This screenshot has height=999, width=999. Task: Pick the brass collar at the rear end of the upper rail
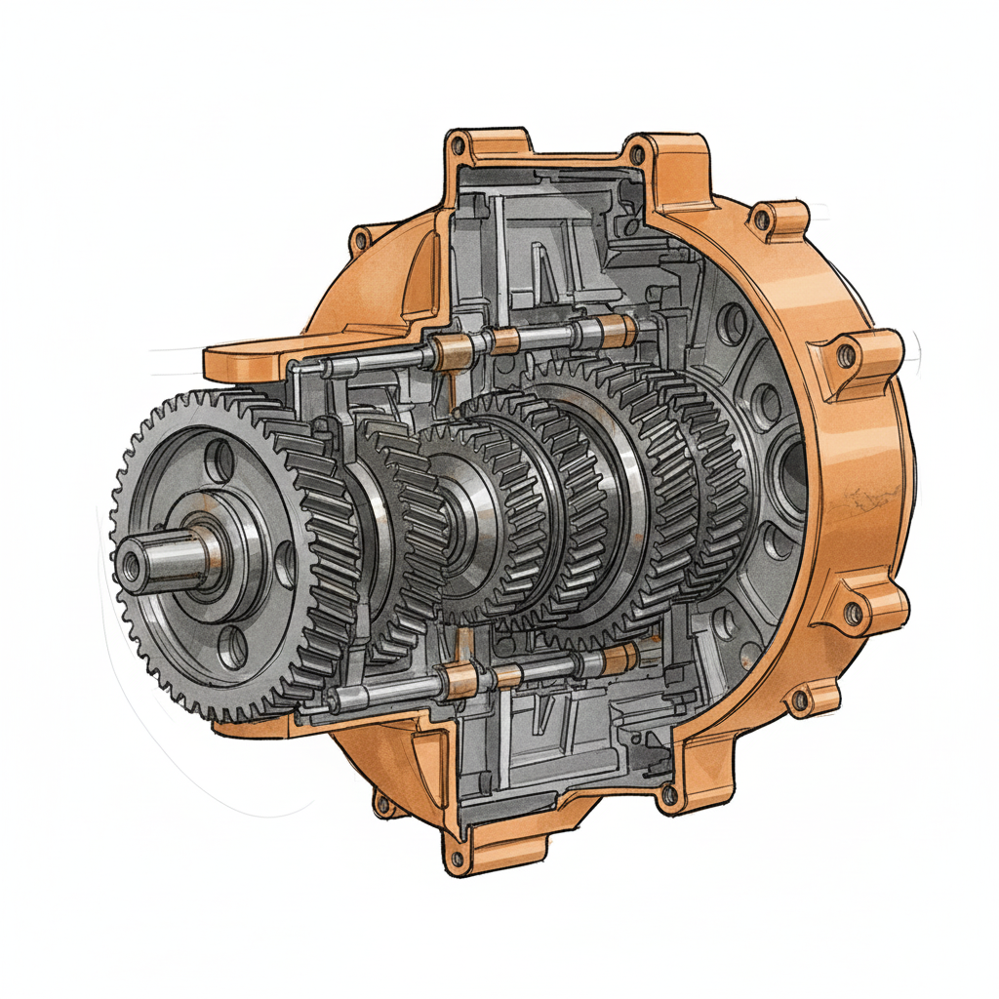click(617, 332)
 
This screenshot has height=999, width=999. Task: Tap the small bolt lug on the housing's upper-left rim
click(361, 237)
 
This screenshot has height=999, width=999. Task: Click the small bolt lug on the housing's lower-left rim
click(383, 805)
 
